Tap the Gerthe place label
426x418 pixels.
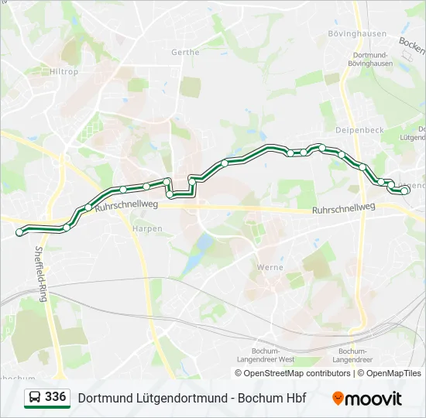pos(185,53)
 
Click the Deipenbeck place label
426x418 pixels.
pos(359,130)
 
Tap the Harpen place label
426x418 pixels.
pos(147,229)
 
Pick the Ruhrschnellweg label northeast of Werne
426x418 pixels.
pos(343,209)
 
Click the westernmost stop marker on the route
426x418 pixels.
pos(19,232)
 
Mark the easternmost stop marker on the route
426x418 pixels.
pos(404,190)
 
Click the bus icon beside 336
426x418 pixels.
pos(35,398)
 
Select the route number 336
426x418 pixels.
pos(56,397)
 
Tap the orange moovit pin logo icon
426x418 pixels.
pos(338,398)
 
